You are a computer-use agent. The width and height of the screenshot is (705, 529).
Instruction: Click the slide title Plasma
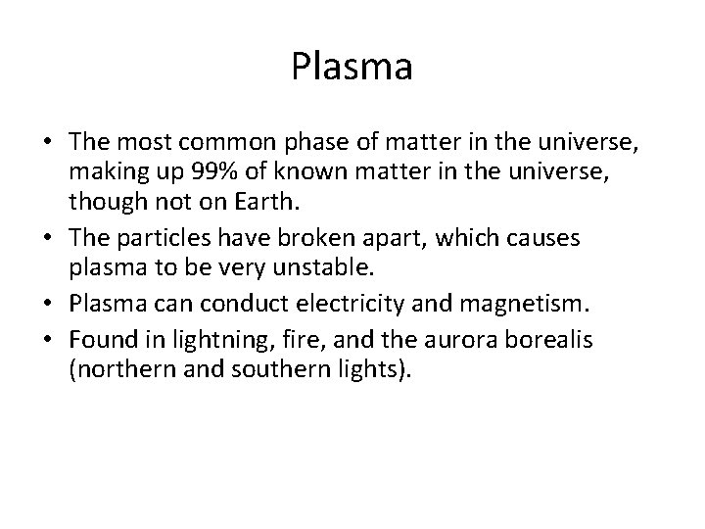pyautogui.click(x=352, y=68)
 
